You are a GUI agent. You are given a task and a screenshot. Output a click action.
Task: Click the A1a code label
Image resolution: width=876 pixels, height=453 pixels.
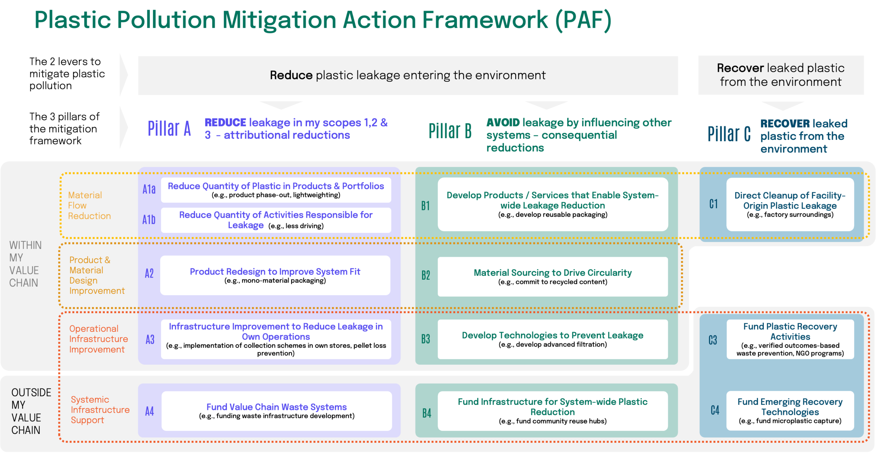point(149,189)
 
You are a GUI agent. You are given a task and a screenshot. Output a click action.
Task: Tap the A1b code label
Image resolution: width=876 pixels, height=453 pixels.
point(149,219)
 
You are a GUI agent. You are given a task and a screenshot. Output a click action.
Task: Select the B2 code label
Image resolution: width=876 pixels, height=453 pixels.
point(426,275)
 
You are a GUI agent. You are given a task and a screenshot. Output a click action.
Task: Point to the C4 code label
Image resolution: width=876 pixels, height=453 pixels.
point(715,410)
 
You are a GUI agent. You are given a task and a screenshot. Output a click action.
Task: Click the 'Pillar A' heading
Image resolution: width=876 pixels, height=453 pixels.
point(169,129)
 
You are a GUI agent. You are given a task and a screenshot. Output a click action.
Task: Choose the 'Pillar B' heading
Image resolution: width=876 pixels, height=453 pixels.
point(450,131)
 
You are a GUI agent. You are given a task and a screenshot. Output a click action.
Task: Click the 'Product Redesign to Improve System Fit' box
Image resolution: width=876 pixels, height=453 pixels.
point(275,275)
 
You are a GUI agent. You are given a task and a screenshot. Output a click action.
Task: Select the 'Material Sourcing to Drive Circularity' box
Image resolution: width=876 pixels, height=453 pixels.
point(553,277)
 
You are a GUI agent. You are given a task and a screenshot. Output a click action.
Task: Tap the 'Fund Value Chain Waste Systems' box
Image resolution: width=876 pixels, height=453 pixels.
point(276,411)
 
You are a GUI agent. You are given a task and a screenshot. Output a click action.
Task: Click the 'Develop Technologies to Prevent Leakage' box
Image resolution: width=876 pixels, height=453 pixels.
point(553,339)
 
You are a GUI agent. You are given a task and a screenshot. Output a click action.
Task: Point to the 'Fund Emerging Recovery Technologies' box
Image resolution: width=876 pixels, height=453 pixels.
point(790,411)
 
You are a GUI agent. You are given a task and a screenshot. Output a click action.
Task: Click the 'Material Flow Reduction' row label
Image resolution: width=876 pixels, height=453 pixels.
point(89,205)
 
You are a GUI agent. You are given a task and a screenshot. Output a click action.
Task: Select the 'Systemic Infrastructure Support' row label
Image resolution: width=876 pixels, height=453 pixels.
point(100,410)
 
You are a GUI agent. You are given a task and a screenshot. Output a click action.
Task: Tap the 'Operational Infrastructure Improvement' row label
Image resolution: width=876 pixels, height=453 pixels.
point(98,339)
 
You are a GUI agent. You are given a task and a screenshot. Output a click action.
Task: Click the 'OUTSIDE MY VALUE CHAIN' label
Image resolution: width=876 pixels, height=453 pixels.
point(31,411)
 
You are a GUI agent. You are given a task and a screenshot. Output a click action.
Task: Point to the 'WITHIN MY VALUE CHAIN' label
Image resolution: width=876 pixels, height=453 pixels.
point(25,264)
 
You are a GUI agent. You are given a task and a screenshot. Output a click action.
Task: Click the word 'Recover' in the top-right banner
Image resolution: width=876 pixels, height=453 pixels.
point(740,68)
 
